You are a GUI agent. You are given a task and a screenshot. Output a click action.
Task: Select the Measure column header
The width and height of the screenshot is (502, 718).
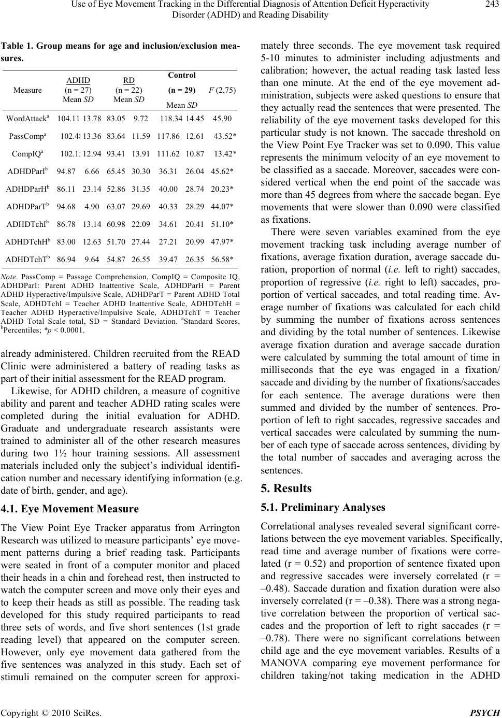pyautogui.click(x=27, y=90)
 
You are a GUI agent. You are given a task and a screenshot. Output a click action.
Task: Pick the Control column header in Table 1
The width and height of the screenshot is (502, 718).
pyautogui.click(x=182, y=75)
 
